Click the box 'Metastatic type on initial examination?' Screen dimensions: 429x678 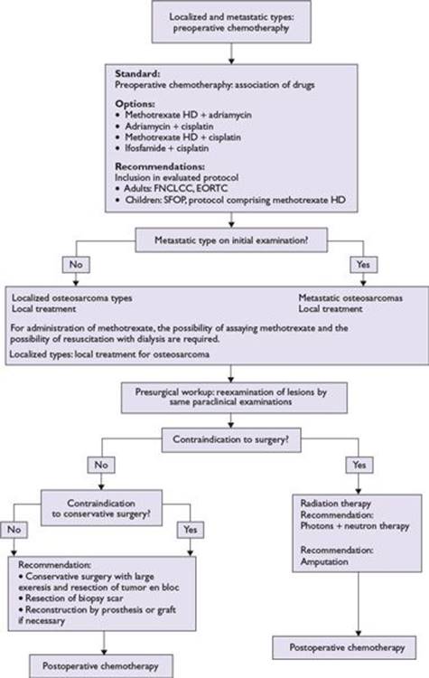point(231,240)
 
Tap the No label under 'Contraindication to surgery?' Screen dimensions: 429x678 point(101,465)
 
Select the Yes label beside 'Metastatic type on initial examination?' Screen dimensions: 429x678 point(363,264)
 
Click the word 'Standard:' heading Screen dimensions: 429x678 point(137,73)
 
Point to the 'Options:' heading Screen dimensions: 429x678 point(135,104)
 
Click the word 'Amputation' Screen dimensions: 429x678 point(324,561)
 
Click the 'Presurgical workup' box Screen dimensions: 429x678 point(234,398)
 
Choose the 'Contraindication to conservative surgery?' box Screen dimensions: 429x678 point(101,508)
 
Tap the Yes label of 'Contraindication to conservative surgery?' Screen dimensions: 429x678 point(191,530)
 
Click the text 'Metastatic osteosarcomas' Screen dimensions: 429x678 point(350,298)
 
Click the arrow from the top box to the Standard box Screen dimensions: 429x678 point(231,53)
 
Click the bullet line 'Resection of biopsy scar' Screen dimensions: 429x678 point(70,598)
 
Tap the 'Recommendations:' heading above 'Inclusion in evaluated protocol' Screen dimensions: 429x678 point(160,166)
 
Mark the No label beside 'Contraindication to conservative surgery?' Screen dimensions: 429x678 point(14,530)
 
